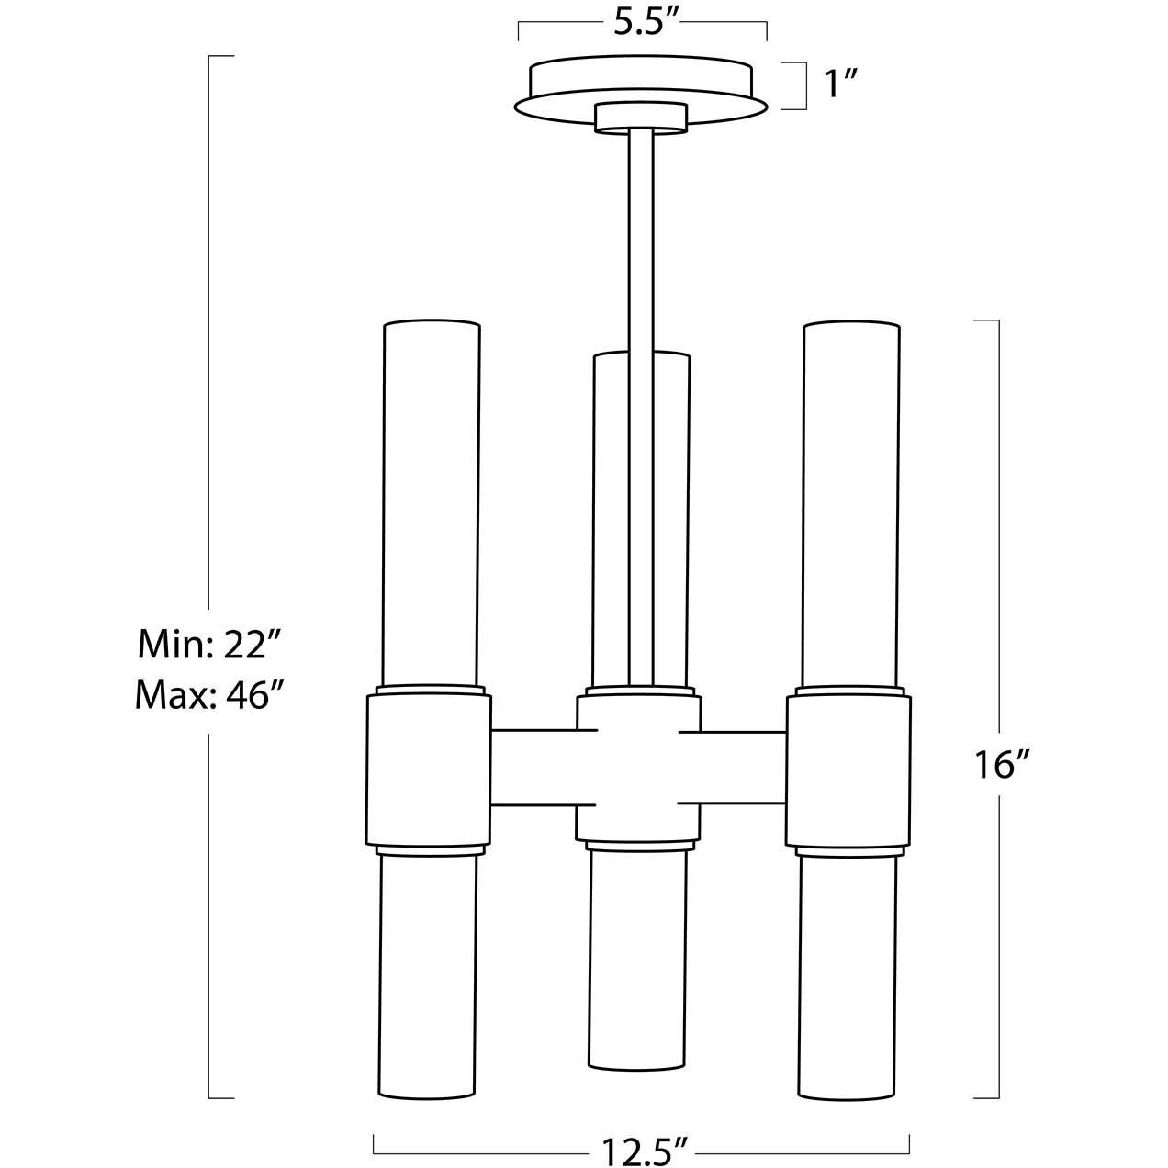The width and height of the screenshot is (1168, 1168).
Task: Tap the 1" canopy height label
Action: pos(840,85)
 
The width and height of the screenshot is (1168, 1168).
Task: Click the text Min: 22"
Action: pos(208,645)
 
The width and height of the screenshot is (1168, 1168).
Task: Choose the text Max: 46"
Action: pos(208,695)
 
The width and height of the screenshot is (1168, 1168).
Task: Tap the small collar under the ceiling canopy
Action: pos(641,118)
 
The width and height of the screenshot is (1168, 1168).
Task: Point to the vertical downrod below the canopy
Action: pos(641,239)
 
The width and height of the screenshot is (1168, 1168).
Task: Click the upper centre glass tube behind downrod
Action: pos(611,514)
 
